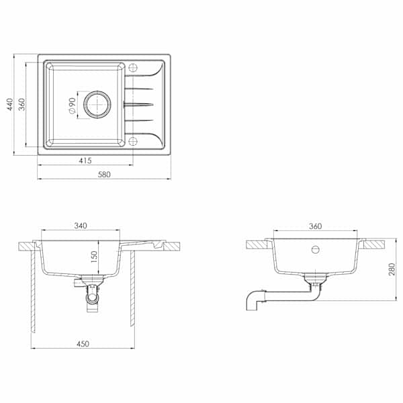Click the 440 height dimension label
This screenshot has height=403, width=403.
(x=9, y=104)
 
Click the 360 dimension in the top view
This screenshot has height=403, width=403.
(x=22, y=104)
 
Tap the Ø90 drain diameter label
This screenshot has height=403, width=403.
(x=72, y=105)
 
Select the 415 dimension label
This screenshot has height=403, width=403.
(x=85, y=161)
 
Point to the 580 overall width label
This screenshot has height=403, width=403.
(x=104, y=175)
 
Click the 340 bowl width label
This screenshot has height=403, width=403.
(x=81, y=226)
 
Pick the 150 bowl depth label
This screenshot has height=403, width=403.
(x=94, y=257)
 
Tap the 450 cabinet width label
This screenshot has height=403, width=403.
(x=83, y=344)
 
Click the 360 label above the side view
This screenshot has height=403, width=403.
(x=315, y=226)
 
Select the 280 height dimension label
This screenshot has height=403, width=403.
(x=392, y=269)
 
